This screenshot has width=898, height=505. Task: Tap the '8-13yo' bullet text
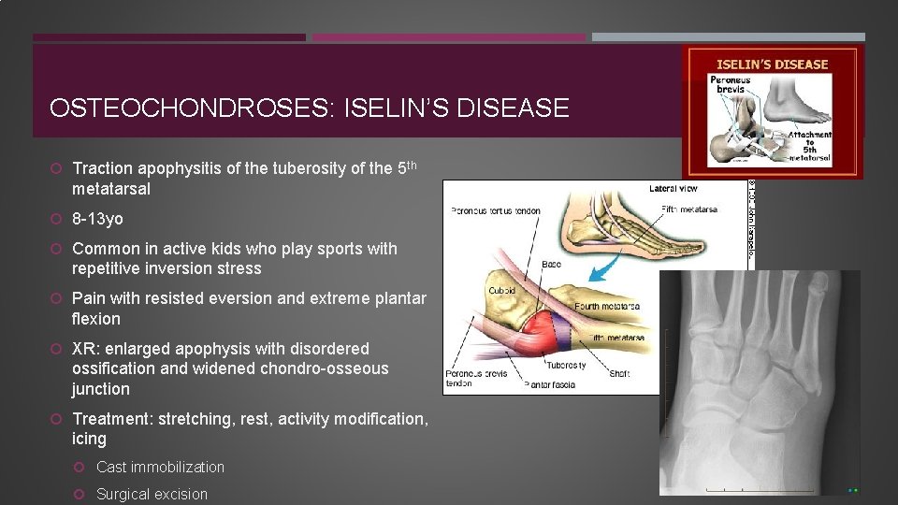97,219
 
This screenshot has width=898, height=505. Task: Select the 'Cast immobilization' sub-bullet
160,467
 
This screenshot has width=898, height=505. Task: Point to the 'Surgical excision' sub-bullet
152,494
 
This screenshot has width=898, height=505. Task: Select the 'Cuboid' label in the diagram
501,291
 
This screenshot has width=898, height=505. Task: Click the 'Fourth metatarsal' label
607,306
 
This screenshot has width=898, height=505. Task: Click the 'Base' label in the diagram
552,264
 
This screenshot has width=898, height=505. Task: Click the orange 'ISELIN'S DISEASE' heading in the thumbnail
772,65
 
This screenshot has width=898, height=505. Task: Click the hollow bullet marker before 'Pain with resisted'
57,299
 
